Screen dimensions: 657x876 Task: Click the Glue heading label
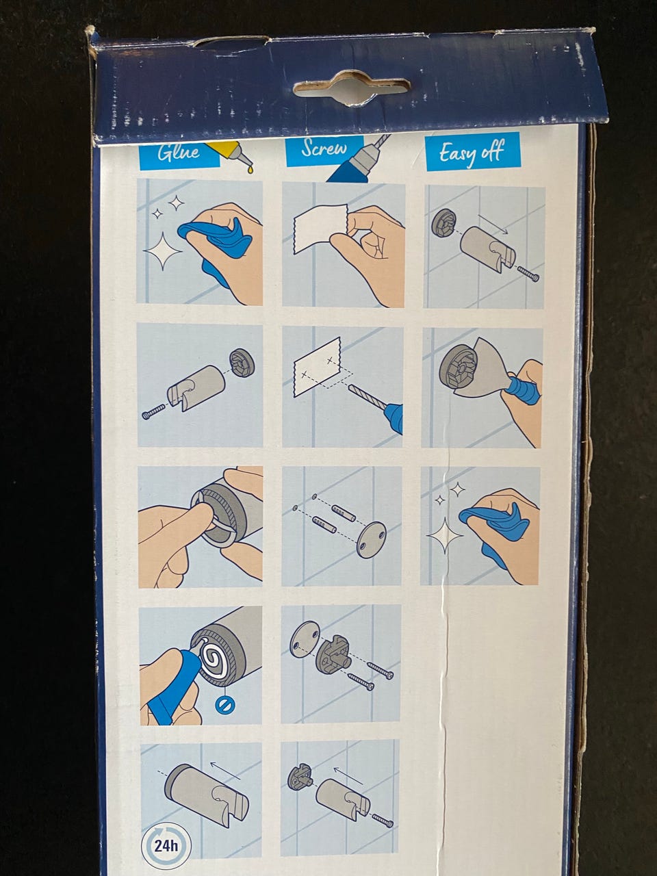[179, 153]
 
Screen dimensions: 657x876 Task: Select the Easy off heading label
[473, 152]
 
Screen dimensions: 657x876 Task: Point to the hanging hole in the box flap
[352, 88]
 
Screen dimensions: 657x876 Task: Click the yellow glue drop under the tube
[250, 170]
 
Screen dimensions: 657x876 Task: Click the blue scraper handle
[523, 388]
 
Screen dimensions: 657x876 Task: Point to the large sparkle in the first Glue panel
[163, 250]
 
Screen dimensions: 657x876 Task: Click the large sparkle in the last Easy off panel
[446, 535]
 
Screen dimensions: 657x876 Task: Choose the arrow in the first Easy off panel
[493, 224]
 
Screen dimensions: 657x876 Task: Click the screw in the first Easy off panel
[528, 274]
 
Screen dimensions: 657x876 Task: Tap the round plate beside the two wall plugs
[372, 539]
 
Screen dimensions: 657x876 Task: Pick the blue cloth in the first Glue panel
[216, 248]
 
